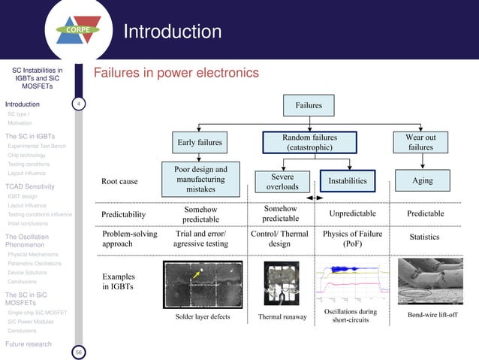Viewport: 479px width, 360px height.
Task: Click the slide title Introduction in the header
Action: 172,32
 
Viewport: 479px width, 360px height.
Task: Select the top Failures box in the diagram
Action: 309,106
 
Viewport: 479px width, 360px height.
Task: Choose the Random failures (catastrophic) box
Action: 309,143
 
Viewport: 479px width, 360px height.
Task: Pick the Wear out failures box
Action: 420,142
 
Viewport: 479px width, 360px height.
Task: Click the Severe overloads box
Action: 282,181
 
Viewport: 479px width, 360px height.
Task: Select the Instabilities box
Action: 348,181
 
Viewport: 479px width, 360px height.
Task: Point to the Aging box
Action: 422,181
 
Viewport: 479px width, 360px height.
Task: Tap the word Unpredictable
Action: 352,214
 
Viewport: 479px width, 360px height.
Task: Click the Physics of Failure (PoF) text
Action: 352,239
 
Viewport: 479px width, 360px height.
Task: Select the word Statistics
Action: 424,237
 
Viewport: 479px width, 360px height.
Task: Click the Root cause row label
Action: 119,181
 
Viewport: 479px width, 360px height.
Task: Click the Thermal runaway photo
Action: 283,280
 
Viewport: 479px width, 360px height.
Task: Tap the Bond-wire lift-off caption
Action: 432,314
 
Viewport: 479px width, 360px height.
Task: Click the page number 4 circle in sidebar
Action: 78,104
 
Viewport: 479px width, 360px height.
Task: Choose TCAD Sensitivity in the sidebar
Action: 32,186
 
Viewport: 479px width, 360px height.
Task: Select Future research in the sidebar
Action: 29,344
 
